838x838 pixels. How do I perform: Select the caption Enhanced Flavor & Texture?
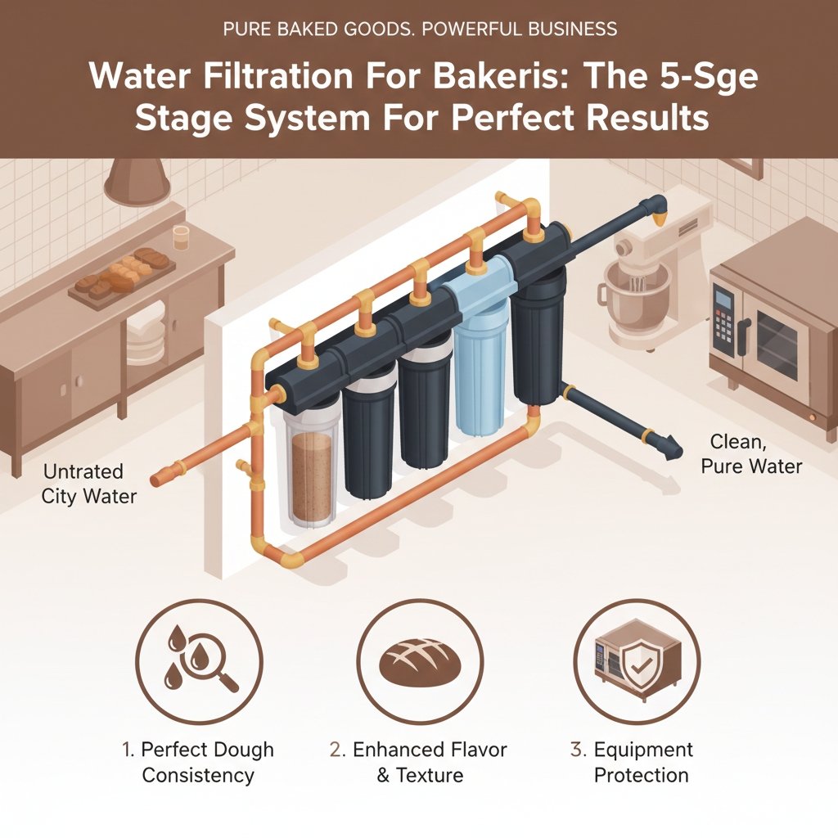pos(419,762)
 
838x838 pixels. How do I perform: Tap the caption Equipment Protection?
pos(642,762)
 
